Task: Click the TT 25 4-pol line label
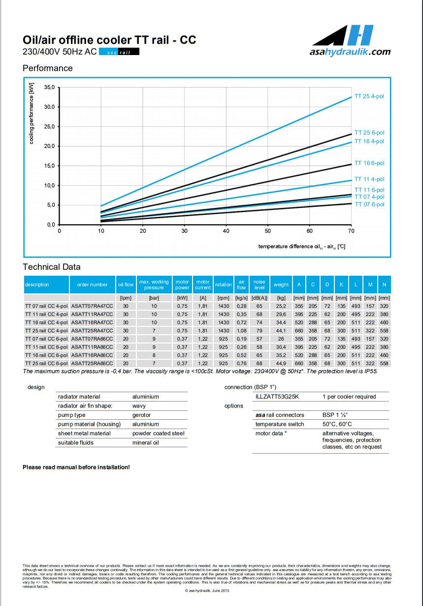point(369,96)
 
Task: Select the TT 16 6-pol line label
point(369,163)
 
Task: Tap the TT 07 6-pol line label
point(369,204)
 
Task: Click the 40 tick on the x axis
point(226,231)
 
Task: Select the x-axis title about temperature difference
point(301,246)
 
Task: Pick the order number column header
point(92,285)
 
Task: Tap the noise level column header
point(259,285)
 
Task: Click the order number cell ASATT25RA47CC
point(92,331)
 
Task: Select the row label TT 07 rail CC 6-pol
point(46,339)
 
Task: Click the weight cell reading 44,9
point(281,363)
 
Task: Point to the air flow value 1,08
point(241,331)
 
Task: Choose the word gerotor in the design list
point(142,415)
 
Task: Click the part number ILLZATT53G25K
point(277,397)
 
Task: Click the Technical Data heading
point(51,267)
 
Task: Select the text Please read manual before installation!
point(76,467)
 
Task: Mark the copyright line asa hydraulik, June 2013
point(207,591)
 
